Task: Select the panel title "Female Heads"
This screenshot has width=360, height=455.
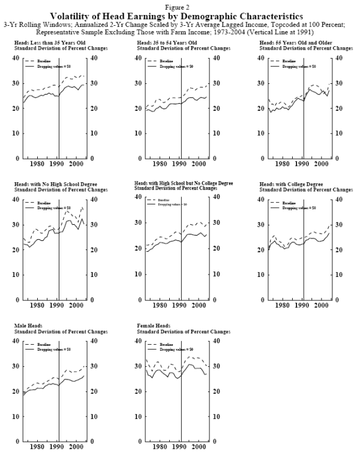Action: point(153,325)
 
